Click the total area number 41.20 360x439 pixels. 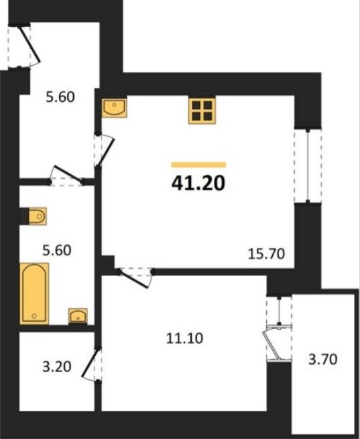(x=198, y=184)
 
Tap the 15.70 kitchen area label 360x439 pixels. (x=266, y=254)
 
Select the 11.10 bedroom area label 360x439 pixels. (x=184, y=338)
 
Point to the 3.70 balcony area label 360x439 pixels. (x=322, y=359)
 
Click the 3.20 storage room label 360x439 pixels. (x=57, y=367)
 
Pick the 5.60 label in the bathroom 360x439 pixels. (x=57, y=250)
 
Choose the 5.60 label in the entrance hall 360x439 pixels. (x=60, y=97)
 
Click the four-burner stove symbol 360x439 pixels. (x=202, y=111)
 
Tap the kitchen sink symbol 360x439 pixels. (x=114, y=108)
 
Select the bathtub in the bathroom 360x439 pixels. (x=34, y=293)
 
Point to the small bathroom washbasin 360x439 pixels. (x=78, y=316)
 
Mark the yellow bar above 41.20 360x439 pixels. (x=198, y=165)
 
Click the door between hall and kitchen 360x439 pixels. (x=105, y=151)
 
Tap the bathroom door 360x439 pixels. (x=66, y=176)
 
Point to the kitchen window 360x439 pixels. (x=308, y=166)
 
